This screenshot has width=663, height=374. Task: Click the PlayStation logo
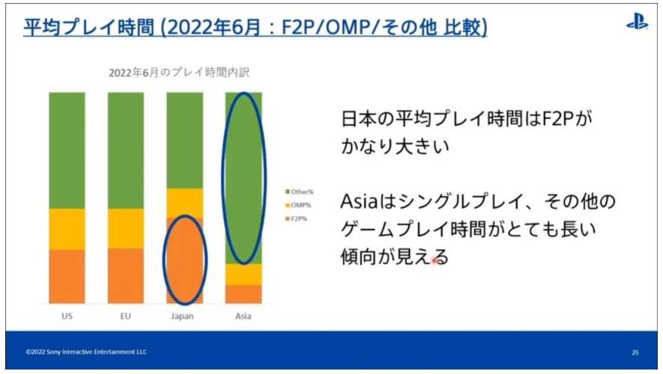(x=637, y=22)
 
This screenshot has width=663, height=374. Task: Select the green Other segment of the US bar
(x=67, y=150)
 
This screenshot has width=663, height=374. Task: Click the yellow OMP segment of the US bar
(x=67, y=229)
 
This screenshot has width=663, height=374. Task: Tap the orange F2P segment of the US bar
(x=67, y=277)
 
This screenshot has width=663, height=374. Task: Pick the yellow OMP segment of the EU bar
(x=126, y=228)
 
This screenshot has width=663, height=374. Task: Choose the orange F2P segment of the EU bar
(x=126, y=276)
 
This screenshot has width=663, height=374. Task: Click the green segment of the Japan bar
(x=185, y=140)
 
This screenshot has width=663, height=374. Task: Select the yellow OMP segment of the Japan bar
(x=185, y=203)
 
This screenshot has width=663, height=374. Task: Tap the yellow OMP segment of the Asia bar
(x=243, y=275)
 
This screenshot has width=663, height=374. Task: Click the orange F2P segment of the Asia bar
(x=243, y=294)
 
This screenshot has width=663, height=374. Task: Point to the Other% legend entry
(x=300, y=191)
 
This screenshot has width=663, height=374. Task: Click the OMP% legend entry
(x=298, y=205)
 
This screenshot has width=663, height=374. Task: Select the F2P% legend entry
(x=297, y=218)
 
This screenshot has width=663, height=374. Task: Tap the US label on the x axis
(x=67, y=316)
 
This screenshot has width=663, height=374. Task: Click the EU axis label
(x=126, y=316)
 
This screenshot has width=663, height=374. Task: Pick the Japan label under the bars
(x=182, y=316)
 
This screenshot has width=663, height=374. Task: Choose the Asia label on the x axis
(x=243, y=316)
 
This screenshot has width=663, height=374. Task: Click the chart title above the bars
(x=179, y=73)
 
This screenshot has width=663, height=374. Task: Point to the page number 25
(x=635, y=352)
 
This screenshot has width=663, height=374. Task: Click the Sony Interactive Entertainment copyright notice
(x=86, y=352)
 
